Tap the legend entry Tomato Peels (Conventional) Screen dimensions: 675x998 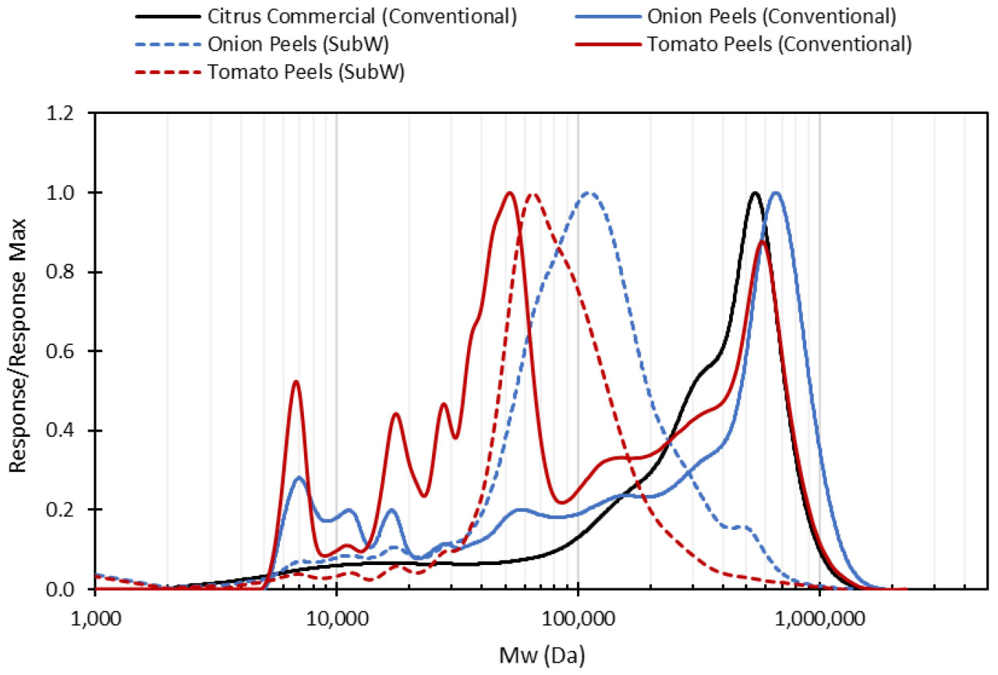point(778,44)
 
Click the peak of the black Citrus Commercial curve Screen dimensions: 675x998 point(754,193)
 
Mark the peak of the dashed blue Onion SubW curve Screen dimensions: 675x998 point(589,193)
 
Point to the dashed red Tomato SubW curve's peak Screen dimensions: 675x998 point(533,194)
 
